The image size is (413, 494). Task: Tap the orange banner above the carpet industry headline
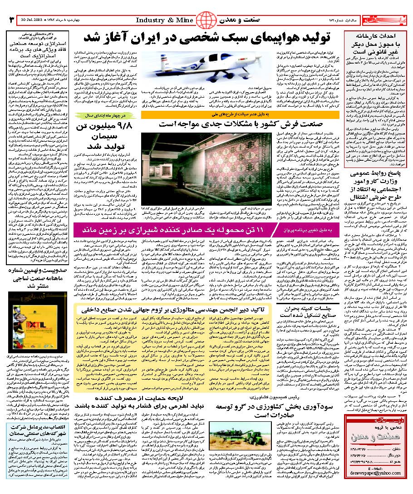click(x=240, y=115)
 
